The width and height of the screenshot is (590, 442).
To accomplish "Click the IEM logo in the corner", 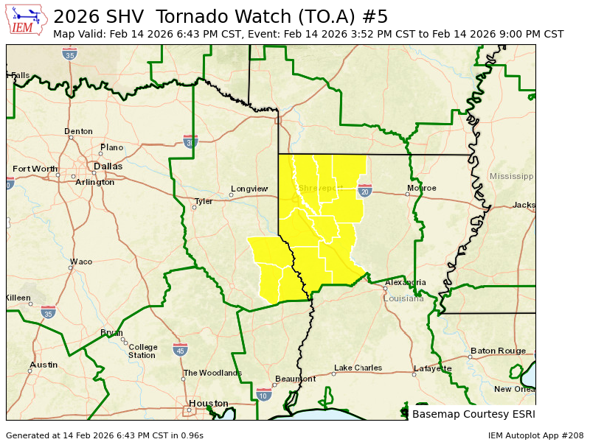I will pyautogui.click(x=27, y=20).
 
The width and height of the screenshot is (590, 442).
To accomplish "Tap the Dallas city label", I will pyautogui.click(x=108, y=166).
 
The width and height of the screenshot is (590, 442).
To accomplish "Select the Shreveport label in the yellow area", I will pyautogui.click(x=320, y=188).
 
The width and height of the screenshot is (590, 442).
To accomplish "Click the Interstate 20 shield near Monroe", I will pyautogui.click(x=364, y=191).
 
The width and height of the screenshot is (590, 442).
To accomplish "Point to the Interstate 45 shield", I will pyautogui.click(x=180, y=349).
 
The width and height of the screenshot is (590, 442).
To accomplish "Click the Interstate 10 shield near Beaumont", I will pyautogui.click(x=264, y=395).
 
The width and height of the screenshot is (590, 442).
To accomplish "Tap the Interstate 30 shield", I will pyautogui.click(x=190, y=141).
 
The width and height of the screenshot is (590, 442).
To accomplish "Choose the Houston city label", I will pyautogui.click(x=208, y=403).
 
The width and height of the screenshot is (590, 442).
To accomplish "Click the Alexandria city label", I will pyautogui.click(x=405, y=282).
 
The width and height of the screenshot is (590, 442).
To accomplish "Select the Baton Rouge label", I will pyautogui.click(x=498, y=351).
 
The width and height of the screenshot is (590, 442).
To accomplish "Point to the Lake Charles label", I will pyautogui.click(x=358, y=368).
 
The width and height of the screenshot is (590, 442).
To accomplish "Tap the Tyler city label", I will pyautogui.click(x=203, y=201).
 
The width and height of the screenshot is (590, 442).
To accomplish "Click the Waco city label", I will pyautogui.click(x=80, y=262).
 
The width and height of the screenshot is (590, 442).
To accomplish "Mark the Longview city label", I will pyautogui.click(x=249, y=189).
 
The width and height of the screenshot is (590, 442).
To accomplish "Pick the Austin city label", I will pyautogui.click(x=44, y=365).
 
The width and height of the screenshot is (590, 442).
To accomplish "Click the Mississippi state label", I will pyautogui.click(x=511, y=177).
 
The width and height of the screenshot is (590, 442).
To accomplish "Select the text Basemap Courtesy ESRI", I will pyautogui.click(x=473, y=414).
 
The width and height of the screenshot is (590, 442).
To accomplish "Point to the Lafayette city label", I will pyautogui.click(x=432, y=368).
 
